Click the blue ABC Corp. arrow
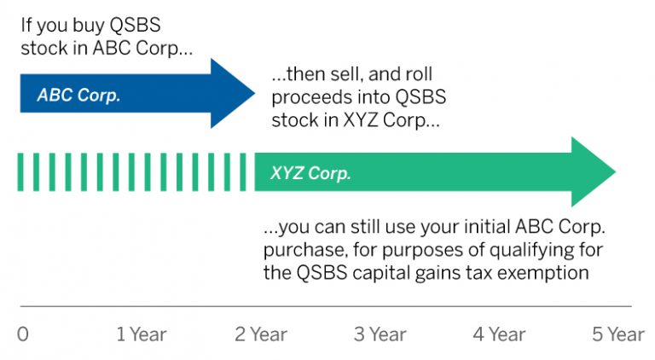click(x=128, y=94)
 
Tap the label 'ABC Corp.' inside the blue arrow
click(x=78, y=95)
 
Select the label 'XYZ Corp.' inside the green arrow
click(x=310, y=173)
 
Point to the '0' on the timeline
click(x=23, y=334)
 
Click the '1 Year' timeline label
click(x=142, y=334)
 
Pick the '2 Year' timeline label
click(x=262, y=334)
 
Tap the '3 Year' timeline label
click(x=381, y=334)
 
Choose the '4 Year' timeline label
click(x=500, y=334)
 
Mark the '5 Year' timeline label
click(x=618, y=334)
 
